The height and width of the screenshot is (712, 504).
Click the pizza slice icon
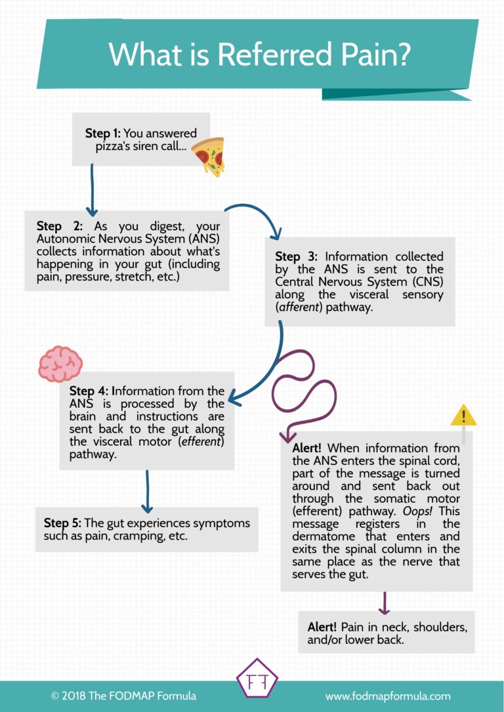[208, 157]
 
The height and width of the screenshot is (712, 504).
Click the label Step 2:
[59, 226]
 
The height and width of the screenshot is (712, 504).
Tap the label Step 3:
[297, 257]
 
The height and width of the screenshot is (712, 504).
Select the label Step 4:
[91, 391]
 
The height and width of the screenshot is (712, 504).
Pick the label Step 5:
[62, 523]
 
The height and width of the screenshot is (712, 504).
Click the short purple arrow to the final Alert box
[385, 603]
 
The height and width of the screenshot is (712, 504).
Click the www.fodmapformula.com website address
[388, 696]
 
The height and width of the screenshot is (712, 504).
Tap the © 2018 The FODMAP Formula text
[123, 696]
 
